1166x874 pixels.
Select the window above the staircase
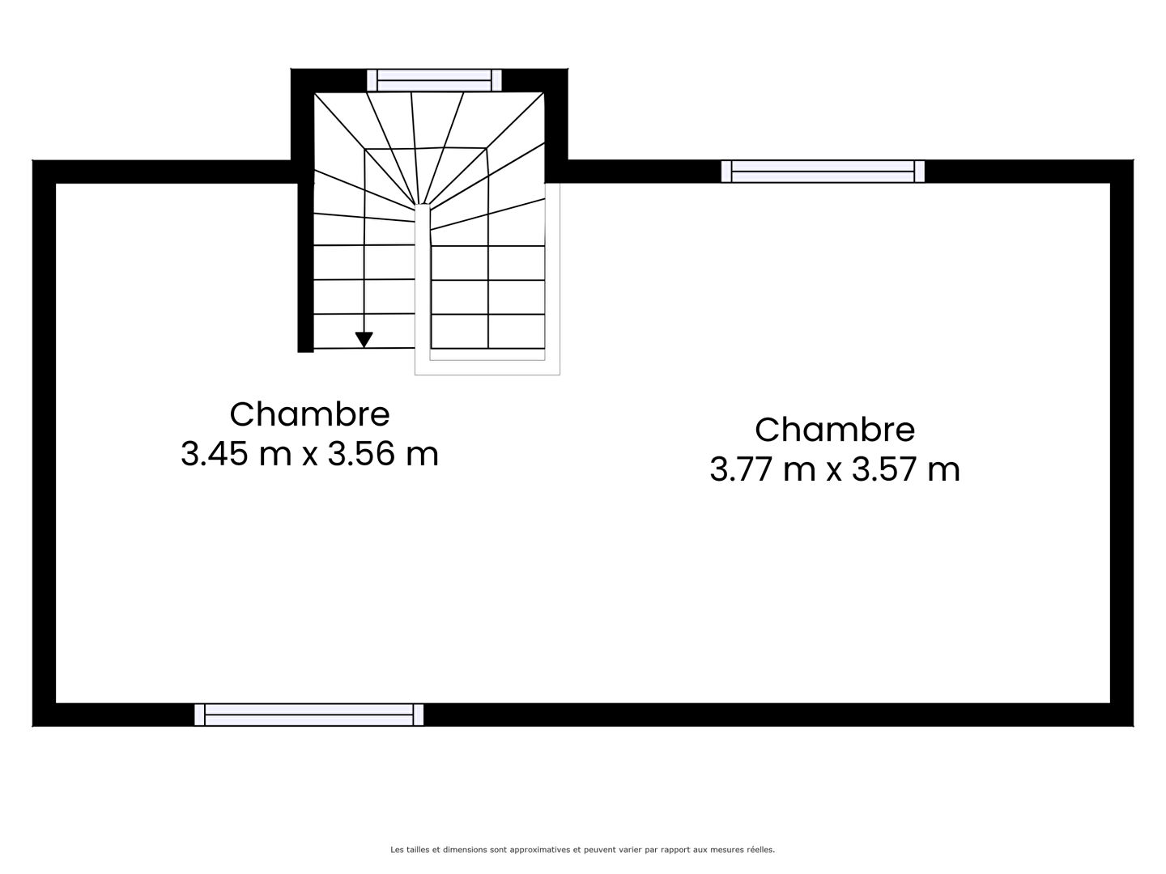434,81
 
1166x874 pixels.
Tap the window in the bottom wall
309,715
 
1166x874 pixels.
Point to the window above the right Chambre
823,172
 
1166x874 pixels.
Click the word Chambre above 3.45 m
309,414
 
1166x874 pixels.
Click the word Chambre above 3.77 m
835,430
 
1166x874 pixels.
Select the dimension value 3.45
214,454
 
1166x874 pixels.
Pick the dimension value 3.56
361,454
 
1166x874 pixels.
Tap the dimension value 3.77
742,469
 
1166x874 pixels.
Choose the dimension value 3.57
884,469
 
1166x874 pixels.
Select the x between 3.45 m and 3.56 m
309,456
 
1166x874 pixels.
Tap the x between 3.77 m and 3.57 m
834,472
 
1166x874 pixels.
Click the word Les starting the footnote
397,850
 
